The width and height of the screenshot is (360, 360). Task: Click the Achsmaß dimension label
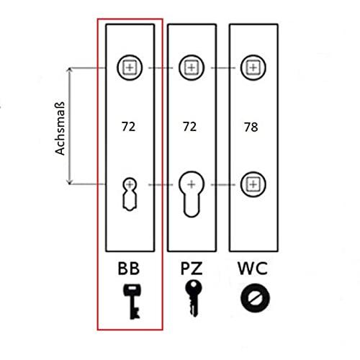click(x=60, y=129)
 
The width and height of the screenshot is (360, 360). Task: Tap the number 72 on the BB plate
click(x=129, y=127)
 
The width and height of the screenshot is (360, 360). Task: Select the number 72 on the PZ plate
click(x=189, y=127)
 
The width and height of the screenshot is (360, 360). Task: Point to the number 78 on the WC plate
click(x=251, y=127)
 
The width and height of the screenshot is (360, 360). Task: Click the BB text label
click(x=129, y=269)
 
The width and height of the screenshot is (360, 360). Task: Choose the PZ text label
click(x=192, y=269)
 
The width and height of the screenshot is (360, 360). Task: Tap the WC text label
click(x=253, y=269)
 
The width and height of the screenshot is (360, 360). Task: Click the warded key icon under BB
click(x=132, y=302)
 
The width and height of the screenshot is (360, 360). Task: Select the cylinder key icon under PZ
click(x=194, y=298)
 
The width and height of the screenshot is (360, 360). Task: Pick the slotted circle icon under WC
click(x=255, y=298)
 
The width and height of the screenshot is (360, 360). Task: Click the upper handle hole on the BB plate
click(x=130, y=68)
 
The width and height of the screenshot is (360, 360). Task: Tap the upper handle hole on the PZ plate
click(x=192, y=68)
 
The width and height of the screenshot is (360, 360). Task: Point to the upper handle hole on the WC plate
click(x=253, y=68)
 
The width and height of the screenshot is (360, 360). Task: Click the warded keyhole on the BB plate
click(x=130, y=194)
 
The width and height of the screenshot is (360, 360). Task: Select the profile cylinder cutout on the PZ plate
click(x=192, y=194)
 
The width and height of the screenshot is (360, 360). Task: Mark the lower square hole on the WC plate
click(x=253, y=184)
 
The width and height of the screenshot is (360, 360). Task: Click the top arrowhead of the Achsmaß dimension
click(x=70, y=70)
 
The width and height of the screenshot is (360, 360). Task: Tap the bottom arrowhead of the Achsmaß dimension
click(x=70, y=182)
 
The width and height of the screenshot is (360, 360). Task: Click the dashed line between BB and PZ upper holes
click(x=161, y=68)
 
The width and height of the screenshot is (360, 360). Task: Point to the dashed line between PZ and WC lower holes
click(x=222, y=184)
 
